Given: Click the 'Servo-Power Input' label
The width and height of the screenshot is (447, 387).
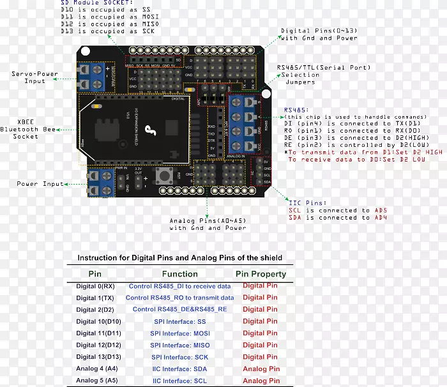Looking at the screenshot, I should click(x=34, y=77).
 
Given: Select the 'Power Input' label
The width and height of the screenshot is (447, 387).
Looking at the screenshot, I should click(x=40, y=184).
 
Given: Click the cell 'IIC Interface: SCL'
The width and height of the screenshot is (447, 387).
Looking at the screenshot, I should click(x=179, y=381).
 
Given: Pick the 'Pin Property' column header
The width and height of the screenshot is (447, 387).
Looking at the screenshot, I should click(x=261, y=274).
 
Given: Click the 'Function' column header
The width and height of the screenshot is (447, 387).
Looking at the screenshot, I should click(x=179, y=274).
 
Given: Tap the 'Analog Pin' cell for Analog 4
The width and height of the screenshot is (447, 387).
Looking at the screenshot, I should click(x=261, y=368).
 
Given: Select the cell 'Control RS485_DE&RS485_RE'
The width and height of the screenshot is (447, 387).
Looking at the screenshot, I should click(x=179, y=310).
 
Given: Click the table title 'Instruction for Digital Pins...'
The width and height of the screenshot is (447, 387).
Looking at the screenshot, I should click(x=179, y=258).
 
